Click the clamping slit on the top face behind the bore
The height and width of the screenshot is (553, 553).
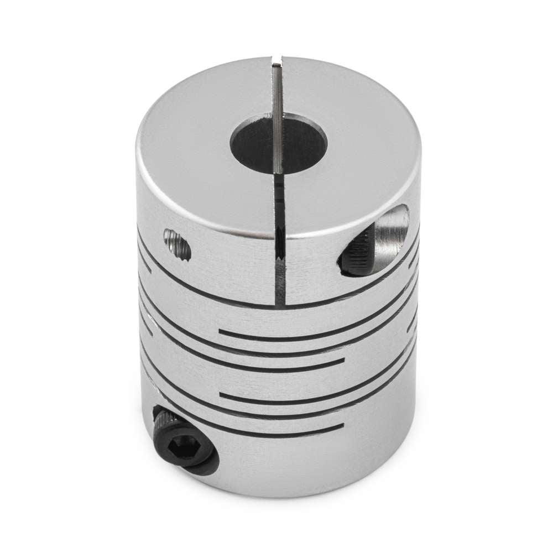click(276, 88)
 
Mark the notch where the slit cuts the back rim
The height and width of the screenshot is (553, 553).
click(276, 60)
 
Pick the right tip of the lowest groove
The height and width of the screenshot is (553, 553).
click(343, 427)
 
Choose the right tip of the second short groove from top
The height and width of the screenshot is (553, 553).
click(343, 364)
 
